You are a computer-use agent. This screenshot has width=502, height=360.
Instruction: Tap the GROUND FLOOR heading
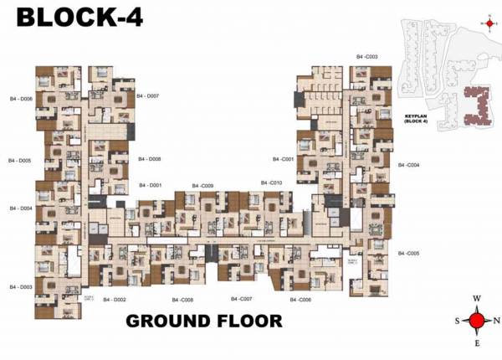click(203, 321)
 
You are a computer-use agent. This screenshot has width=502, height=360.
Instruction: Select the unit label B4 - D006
click(20, 99)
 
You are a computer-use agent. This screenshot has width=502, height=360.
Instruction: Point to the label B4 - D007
click(148, 96)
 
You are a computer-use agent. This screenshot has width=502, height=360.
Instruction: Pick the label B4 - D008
click(150, 158)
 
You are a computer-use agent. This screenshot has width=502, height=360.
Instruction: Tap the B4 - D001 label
click(150, 184)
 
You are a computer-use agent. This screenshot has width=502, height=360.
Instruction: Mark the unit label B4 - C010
click(270, 183)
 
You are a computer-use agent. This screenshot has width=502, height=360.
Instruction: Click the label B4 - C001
click(282, 158)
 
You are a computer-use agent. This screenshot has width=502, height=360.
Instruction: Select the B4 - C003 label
click(366, 57)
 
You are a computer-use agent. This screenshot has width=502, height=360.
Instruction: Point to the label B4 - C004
click(408, 165)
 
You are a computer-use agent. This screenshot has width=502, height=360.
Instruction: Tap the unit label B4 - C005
click(408, 253)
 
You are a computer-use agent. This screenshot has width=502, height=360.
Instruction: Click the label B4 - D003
click(20, 286)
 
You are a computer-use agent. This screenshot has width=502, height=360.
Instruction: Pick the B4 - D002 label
click(114, 299)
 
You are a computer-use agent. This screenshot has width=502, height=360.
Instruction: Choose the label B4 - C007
click(242, 299)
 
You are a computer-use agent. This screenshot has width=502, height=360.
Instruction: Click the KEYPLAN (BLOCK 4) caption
click(416, 120)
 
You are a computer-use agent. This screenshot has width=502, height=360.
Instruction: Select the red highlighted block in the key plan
click(477, 105)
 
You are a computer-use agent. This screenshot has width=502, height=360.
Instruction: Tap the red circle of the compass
click(477, 320)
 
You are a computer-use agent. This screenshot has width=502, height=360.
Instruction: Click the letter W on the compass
click(477, 298)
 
